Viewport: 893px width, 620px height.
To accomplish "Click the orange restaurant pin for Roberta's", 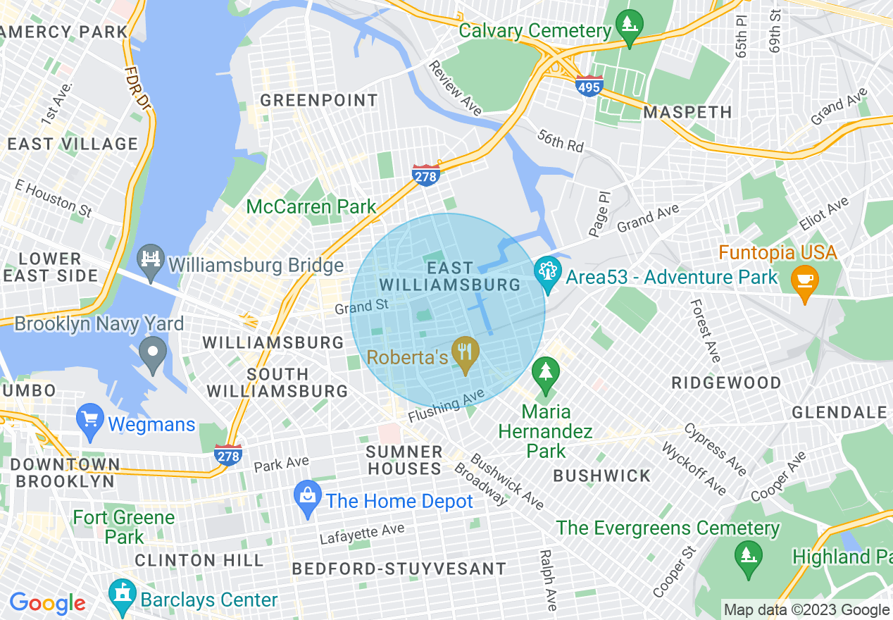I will [x=465, y=349].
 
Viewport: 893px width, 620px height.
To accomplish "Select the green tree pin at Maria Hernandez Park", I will [x=546, y=372].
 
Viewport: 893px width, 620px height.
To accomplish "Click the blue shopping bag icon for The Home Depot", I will [x=308, y=495].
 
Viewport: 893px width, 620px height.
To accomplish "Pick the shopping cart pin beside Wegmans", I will [x=89, y=418].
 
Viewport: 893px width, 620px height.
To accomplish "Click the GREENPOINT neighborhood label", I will [x=319, y=101].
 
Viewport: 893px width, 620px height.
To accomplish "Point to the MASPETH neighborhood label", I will [x=688, y=112].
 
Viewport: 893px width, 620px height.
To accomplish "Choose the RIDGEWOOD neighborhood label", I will [x=726, y=383].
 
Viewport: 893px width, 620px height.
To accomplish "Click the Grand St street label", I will [x=361, y=307].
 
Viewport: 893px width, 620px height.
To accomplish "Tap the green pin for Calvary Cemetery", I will [x=627, y=25].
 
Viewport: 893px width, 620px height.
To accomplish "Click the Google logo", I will [x=47, y=604].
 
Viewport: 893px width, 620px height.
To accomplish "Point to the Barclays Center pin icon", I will [x=123, y=596].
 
